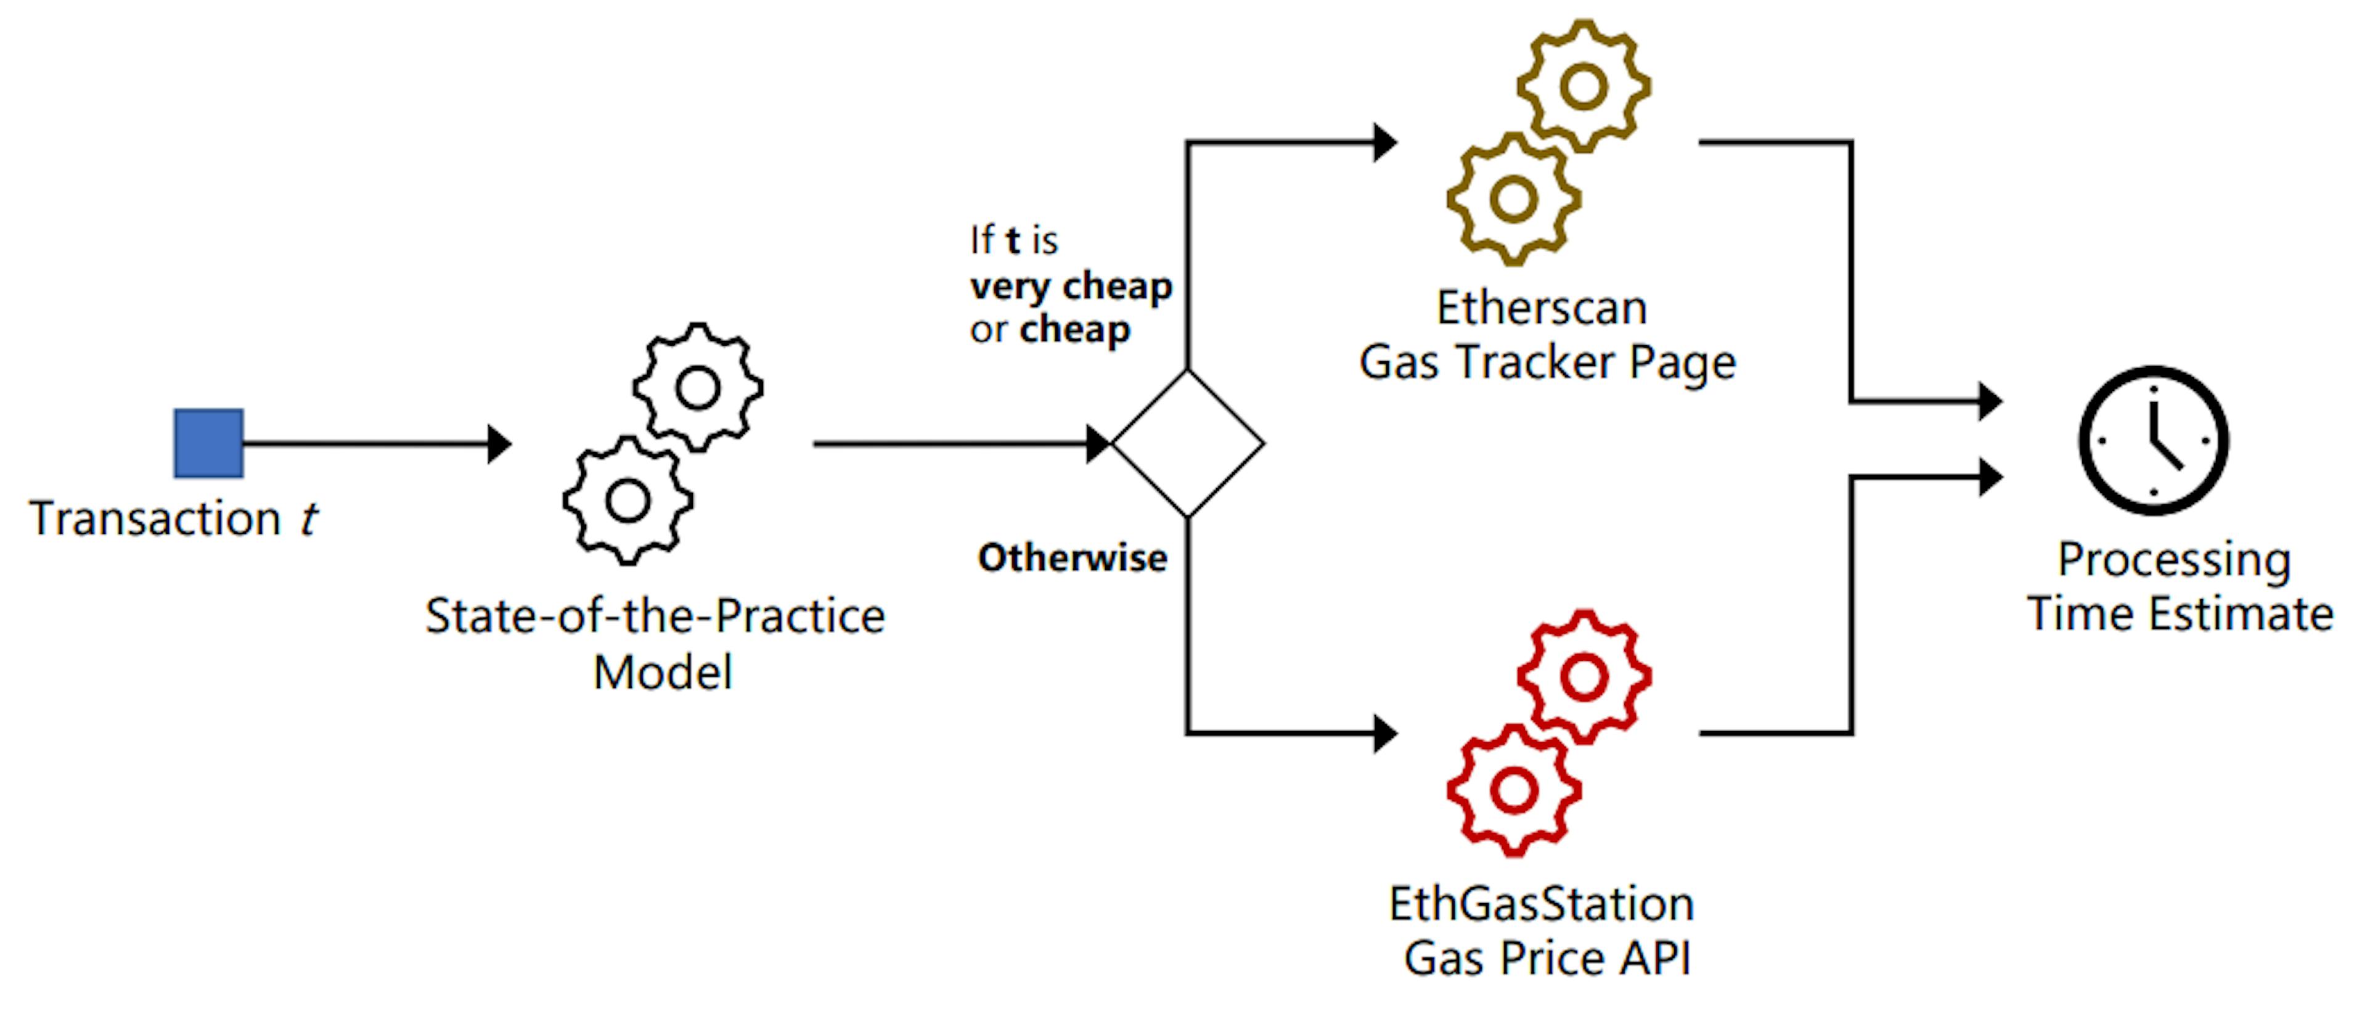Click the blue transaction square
208,443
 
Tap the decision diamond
1188,443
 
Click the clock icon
2153,440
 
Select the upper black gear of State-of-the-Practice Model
697,387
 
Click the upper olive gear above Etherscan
1583,86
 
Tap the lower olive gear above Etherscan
1513,199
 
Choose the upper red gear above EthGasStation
1583,677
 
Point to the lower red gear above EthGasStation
1513,790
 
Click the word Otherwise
1073,558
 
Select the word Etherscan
1541,308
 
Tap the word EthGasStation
1541,904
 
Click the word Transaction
154,518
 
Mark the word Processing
2173,560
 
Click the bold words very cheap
1071,287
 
